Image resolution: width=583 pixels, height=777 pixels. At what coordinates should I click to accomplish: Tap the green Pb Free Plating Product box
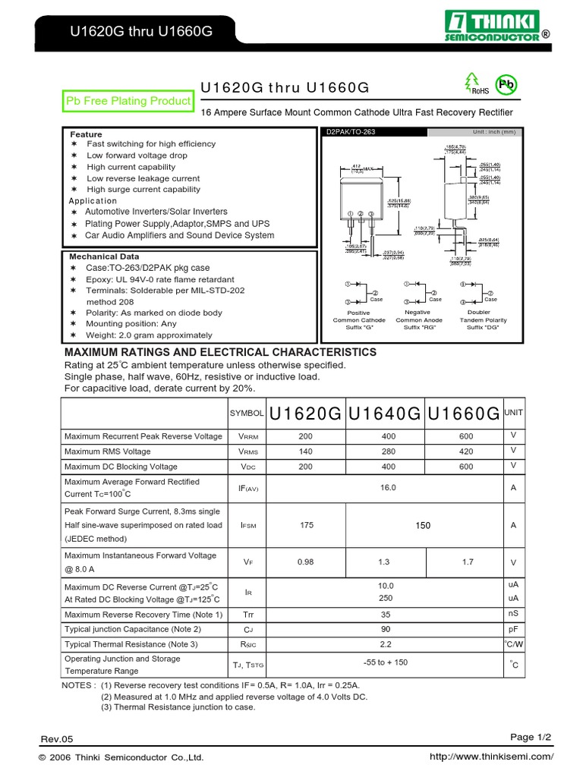click(x=128, y=101)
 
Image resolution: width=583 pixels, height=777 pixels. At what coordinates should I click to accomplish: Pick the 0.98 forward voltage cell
click(x=305, y=562)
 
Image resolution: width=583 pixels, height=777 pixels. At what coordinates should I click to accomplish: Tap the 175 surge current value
click(x=305, y=525)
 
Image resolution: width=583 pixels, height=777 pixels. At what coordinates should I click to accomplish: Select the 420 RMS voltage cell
click(x=465, y=451)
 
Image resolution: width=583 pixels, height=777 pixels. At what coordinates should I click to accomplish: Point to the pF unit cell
click(x=513, y=629)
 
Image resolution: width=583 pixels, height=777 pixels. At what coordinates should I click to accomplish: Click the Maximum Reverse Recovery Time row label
click(x=143, y=615)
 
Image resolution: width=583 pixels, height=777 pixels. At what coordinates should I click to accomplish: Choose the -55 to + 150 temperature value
click(x=385, y=662)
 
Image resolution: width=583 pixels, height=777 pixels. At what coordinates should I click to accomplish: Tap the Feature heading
click(x=86, y=134)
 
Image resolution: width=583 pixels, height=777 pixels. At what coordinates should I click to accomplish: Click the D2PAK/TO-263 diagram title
click(x=350, y=132)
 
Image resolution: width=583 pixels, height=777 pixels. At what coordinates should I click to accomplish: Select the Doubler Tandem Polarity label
click(x=484, y=320)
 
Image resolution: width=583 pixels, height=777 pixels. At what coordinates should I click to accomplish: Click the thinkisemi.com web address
click(x=491, y=757)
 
